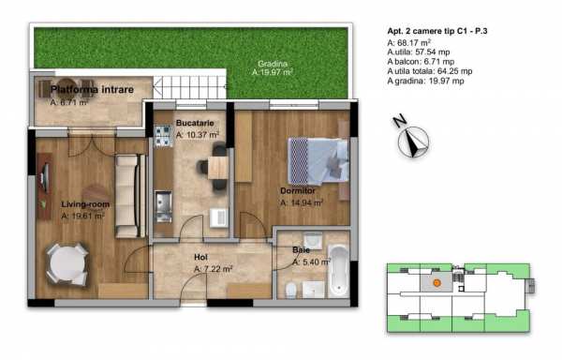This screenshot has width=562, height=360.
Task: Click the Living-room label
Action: point(85,204)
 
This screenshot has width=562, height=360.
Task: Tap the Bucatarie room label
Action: point(195,123)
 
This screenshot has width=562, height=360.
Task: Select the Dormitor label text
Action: point(298,190)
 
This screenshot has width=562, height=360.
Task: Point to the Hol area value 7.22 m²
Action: point(214,268)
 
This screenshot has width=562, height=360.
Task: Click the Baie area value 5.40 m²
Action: point(312,262)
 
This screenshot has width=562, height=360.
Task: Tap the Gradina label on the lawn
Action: point(273,64)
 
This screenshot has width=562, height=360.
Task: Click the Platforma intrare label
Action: point(92,90)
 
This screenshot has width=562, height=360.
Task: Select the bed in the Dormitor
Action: point(318,160)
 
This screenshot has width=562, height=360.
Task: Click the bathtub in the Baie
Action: point(338,270)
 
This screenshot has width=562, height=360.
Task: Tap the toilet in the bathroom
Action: point(291,290)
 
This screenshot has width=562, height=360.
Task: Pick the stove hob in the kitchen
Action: point(163,136)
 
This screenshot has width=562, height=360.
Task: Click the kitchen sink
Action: point(163,206)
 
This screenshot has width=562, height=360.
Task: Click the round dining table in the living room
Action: point(67,264)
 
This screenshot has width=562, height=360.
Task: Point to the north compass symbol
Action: point(413,139)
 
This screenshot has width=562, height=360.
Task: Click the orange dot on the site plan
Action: point(436,283)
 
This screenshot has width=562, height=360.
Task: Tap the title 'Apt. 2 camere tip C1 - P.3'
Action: point(437,31)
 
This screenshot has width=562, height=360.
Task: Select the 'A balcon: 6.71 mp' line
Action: point(421,62)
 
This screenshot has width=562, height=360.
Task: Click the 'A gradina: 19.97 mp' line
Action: point(426,81)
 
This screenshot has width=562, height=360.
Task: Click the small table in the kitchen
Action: point(218,168)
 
